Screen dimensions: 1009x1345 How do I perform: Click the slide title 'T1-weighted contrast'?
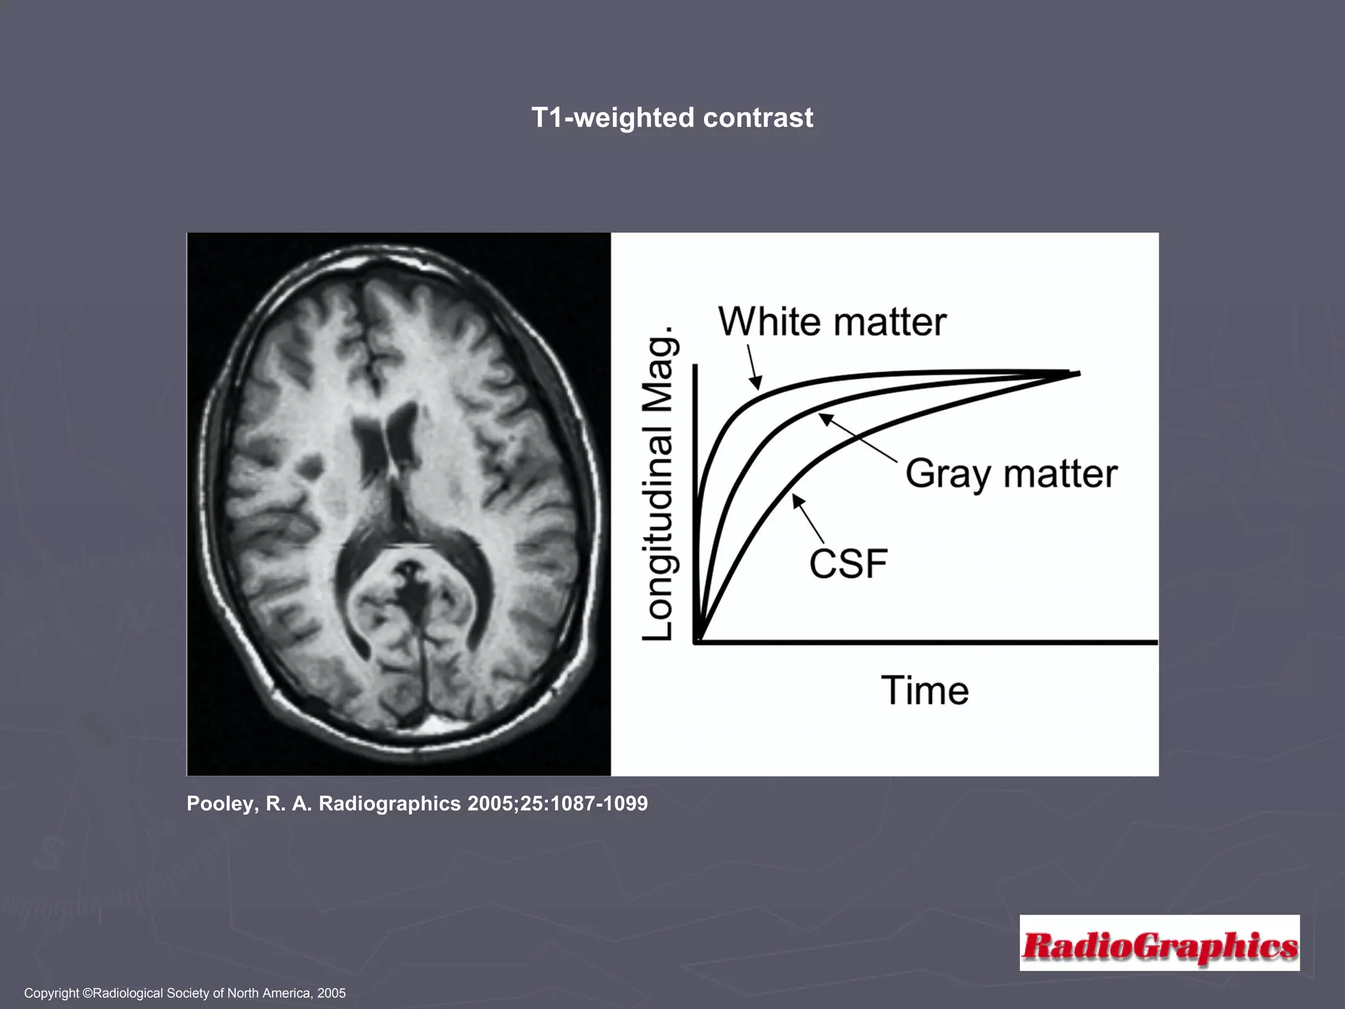coord(672,118)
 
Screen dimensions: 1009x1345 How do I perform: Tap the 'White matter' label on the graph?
coord(832,322)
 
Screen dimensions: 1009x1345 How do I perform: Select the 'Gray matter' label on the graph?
coord(1011,474)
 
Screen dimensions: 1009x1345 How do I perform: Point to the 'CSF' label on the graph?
coord(848,564)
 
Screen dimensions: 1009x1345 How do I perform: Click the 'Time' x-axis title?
coord(925,690)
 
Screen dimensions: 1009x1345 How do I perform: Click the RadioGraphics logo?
coord(1160,943)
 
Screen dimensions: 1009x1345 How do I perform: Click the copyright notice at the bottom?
coord(185,993)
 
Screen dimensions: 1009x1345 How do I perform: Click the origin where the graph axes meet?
coord(696,641)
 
